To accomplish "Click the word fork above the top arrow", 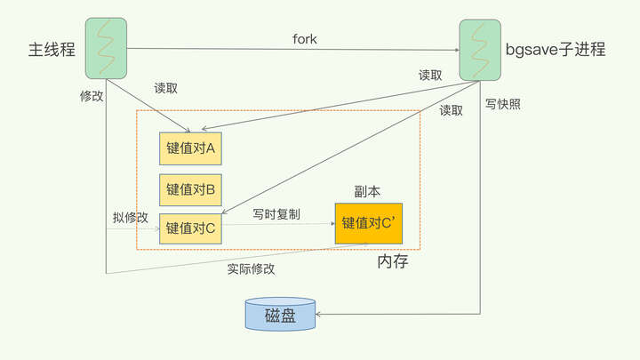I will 306,38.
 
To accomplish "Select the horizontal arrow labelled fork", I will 293,49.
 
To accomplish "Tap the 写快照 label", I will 503,104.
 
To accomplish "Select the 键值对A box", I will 190,148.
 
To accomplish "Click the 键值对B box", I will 190,188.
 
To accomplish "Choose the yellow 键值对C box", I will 190,228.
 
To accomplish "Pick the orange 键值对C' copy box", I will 368,222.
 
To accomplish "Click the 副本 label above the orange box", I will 367,190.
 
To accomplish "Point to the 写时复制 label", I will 276,214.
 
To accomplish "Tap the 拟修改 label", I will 130,217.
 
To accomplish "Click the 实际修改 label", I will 251,268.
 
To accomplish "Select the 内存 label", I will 392,262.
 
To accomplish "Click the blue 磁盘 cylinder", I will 280,315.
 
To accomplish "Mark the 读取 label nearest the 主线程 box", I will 166,89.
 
